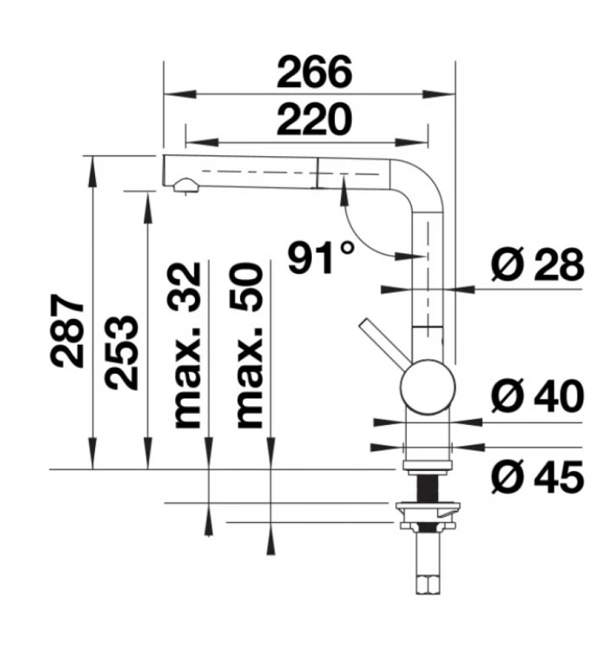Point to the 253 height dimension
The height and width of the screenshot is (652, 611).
[120, 353]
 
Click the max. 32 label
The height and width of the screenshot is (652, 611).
[187, 345]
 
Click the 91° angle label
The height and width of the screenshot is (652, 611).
[320, 257]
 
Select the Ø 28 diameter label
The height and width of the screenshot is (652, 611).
[537, 266]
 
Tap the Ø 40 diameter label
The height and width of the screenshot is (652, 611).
[537, 396]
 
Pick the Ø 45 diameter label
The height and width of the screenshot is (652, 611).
[537, 478]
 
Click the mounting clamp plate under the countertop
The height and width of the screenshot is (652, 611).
[427, 507]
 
